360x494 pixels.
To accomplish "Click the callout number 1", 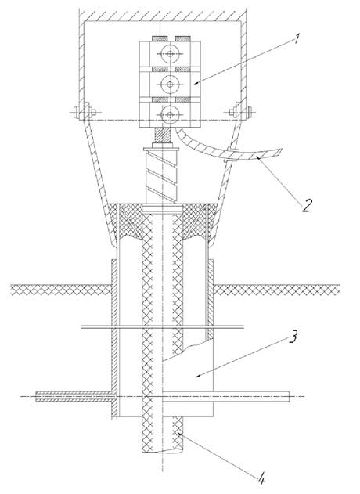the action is (x=297, y=40).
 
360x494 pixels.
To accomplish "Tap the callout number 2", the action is (x=307, y=205).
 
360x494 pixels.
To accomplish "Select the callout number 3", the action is (x=293, y=337).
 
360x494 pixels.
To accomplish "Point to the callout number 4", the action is (x=261, y=480).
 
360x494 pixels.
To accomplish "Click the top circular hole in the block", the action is (x=170, y=54).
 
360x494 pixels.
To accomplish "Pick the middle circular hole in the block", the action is (x=170, y=84).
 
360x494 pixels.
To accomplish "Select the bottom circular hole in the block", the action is (x=170, y=114).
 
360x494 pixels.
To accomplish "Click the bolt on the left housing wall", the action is (x=85, y=112).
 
